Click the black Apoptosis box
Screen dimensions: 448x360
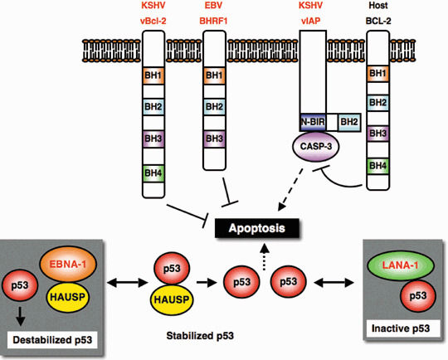257,228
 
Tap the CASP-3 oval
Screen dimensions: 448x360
315,147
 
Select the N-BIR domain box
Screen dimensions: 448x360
313,122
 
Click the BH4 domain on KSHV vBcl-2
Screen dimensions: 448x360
153,173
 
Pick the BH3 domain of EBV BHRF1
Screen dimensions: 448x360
214,139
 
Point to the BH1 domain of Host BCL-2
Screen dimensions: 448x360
377,74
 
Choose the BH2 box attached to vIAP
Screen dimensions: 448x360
349,122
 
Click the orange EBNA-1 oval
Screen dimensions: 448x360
68,264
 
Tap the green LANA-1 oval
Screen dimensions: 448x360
401,265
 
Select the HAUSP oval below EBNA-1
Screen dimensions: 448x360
68,297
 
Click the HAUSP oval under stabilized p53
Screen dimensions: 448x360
172,299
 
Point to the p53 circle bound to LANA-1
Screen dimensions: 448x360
418,295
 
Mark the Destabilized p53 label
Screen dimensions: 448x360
52,340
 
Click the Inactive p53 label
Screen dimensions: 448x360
401,328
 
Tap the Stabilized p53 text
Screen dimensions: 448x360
200,336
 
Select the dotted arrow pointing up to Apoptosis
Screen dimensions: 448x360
265,256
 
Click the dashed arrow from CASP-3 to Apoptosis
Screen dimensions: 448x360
290,189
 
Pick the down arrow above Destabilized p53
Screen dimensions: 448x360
20,316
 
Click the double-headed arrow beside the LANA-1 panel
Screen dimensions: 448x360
334,283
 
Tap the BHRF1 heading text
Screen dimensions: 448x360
214,21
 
